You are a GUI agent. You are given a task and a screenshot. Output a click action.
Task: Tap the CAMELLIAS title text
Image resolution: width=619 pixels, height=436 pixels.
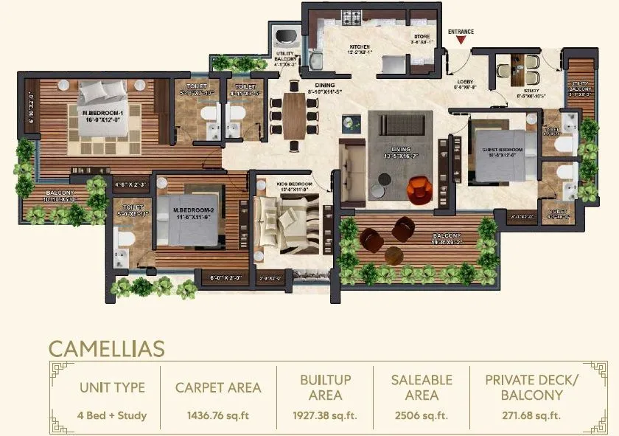107,347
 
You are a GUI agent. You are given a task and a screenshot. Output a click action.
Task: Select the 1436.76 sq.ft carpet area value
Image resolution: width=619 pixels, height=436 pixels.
218,415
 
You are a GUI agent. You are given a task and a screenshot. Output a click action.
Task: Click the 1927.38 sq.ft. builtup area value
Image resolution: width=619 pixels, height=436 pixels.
325,415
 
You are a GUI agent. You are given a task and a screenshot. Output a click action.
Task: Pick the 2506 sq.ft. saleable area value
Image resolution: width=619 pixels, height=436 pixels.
422,415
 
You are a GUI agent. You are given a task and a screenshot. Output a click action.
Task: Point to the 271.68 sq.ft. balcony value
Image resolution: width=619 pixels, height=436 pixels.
524,415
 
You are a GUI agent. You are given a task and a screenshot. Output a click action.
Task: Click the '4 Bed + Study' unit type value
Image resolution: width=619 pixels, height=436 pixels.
112,415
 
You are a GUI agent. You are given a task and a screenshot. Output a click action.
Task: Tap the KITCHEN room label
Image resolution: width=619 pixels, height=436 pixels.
359,46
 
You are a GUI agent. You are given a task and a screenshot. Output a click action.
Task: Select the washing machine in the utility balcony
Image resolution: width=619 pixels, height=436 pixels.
284,38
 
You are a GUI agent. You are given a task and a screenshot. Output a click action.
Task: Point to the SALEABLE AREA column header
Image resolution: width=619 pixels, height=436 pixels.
422,387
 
